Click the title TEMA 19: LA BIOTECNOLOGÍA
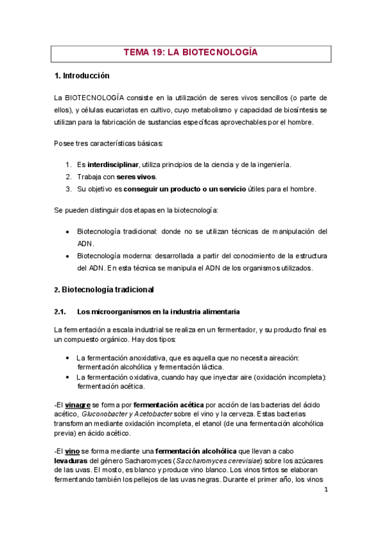point(191,53)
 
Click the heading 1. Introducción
point(82,76)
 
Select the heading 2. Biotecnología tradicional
point(103,290)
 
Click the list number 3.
point(68,189)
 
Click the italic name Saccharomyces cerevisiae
point(211,461)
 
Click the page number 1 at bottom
point(325,490)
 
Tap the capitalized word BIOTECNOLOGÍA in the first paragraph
point(101,98)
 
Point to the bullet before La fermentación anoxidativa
point(68,359)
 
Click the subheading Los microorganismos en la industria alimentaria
point(158,312)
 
